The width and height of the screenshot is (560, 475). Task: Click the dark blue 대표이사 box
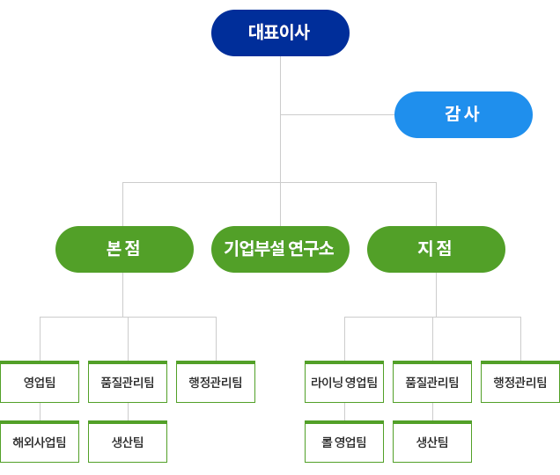[x=280, y=33]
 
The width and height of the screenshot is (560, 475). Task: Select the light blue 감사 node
[x=463, y=114]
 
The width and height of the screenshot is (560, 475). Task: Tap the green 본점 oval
[x=124, y=249]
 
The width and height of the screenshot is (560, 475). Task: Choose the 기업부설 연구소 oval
[x=280, y=249]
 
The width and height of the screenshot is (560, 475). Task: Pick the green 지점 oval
[x=436, y=249]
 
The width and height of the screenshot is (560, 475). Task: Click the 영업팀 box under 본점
[x=40, y=383]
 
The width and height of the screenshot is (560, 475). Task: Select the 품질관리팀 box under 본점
[x=128, y=383]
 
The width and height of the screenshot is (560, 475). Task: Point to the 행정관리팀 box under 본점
[x=216, y=383]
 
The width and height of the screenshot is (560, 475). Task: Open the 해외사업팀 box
[x=40, y=442]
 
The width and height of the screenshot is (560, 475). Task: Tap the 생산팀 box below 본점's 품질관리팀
[x=128, y=442]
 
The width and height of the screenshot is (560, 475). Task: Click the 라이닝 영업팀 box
[x=344, y=383]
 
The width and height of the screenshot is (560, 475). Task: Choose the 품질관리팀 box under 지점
[x=432, y=383]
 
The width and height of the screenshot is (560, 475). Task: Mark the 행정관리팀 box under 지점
[x=520, y=383]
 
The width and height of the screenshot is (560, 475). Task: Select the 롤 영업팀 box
[x=344, y=442]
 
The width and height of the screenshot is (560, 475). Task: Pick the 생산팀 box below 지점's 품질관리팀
[x=432, y=442]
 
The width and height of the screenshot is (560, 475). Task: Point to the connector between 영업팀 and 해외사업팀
[x=40, y=412]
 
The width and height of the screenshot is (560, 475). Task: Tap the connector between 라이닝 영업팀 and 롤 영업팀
[x=344, y=412]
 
